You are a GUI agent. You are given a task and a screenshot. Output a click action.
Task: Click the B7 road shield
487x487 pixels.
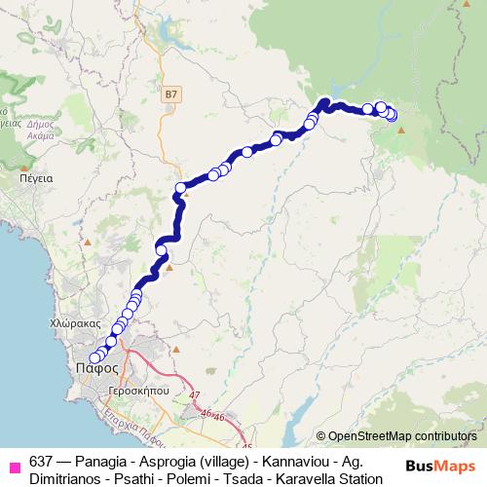[x=171, y=94]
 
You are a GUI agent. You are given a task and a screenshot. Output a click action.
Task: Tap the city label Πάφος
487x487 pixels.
[x=96, y=368]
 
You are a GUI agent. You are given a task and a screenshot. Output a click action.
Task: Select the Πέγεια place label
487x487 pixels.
[x=35, y=178]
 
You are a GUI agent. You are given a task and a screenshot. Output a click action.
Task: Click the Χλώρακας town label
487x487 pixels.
[x=75, y=321]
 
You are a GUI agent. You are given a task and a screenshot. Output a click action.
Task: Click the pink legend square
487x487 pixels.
[x=14, y=464]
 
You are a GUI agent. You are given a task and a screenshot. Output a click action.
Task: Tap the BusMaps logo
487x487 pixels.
[x=438, y=466]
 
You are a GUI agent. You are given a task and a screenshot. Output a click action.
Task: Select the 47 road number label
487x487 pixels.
[x=195, y=394]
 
